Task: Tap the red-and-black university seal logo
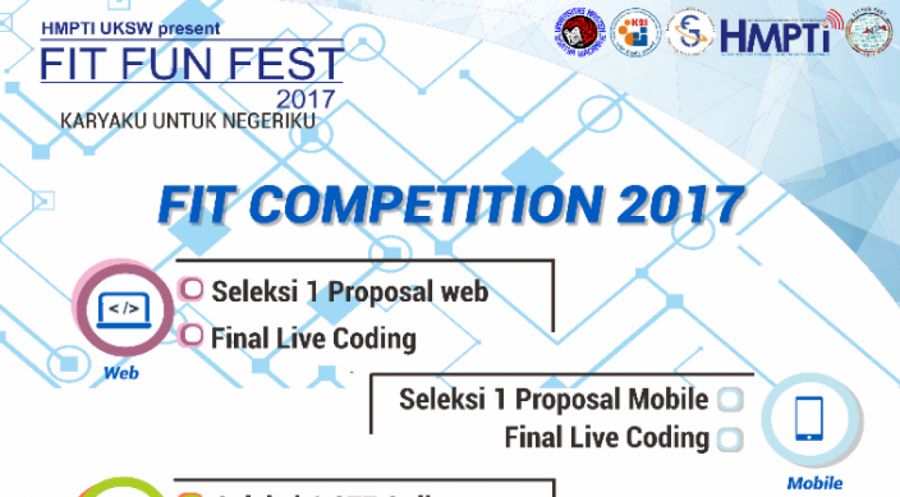[580, 33]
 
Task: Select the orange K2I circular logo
[635, 33]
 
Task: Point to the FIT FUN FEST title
[192, 64]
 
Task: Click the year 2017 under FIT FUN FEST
[306, 99]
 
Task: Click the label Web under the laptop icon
[121, 372]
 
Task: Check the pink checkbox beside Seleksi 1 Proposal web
[193, 289]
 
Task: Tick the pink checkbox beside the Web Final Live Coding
[193, 336]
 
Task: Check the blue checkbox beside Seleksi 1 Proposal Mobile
[730, 400]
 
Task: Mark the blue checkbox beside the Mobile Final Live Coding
[730, 439]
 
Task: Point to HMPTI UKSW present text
[132, 29]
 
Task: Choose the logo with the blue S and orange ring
[690, 33]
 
